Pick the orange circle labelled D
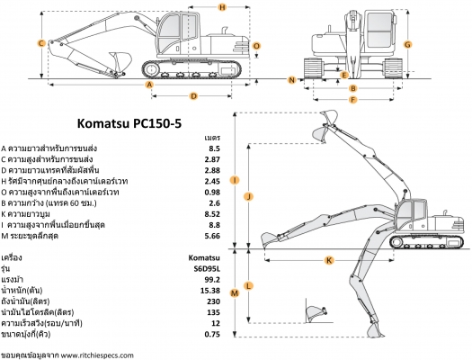[x=193, y=94]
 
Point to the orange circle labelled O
[x=256, y=44]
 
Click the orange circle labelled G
[x=408, y=43]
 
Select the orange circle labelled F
[x=352, y=100]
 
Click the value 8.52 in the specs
[x=213, y=214]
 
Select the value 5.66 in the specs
[x=213, y=236]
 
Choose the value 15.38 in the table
[x=209, y=290]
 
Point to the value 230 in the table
[x=213, y=301]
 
